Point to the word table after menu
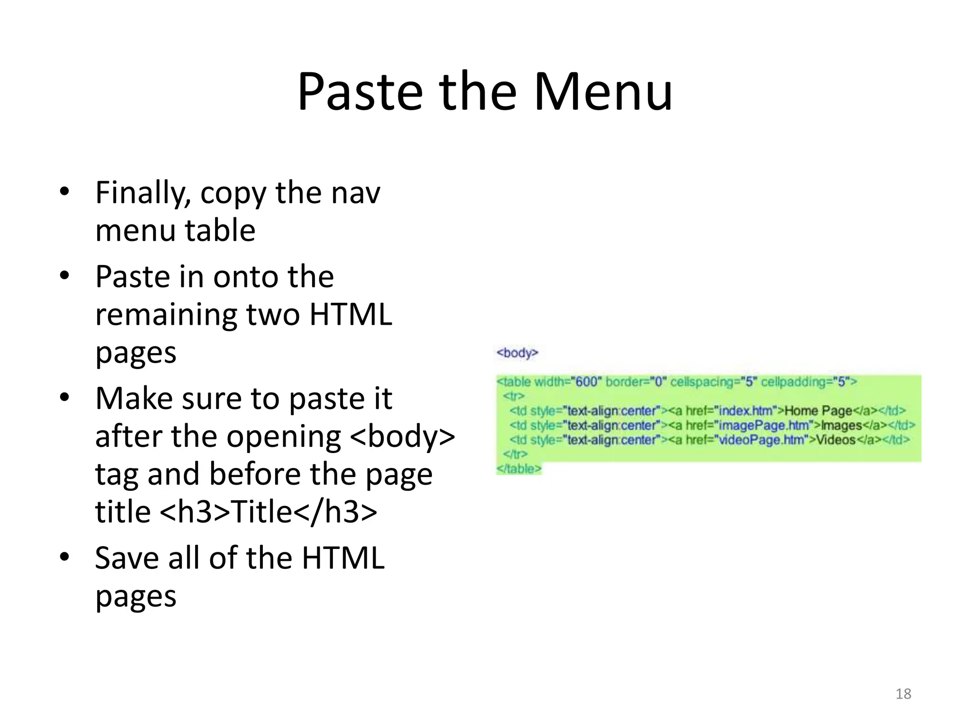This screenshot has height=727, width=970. coord(220,231)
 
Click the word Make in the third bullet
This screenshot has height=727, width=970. coord(134,399)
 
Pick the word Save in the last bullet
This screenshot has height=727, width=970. coord(127,558)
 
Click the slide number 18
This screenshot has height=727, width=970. coord(903,694)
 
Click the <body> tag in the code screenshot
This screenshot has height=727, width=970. coord(517,353)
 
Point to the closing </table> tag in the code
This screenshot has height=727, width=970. coord(519,469)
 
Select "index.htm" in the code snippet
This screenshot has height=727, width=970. coord(745,411)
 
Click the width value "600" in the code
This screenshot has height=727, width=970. coord(586,382)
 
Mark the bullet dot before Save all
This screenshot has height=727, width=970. coord(64,557)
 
